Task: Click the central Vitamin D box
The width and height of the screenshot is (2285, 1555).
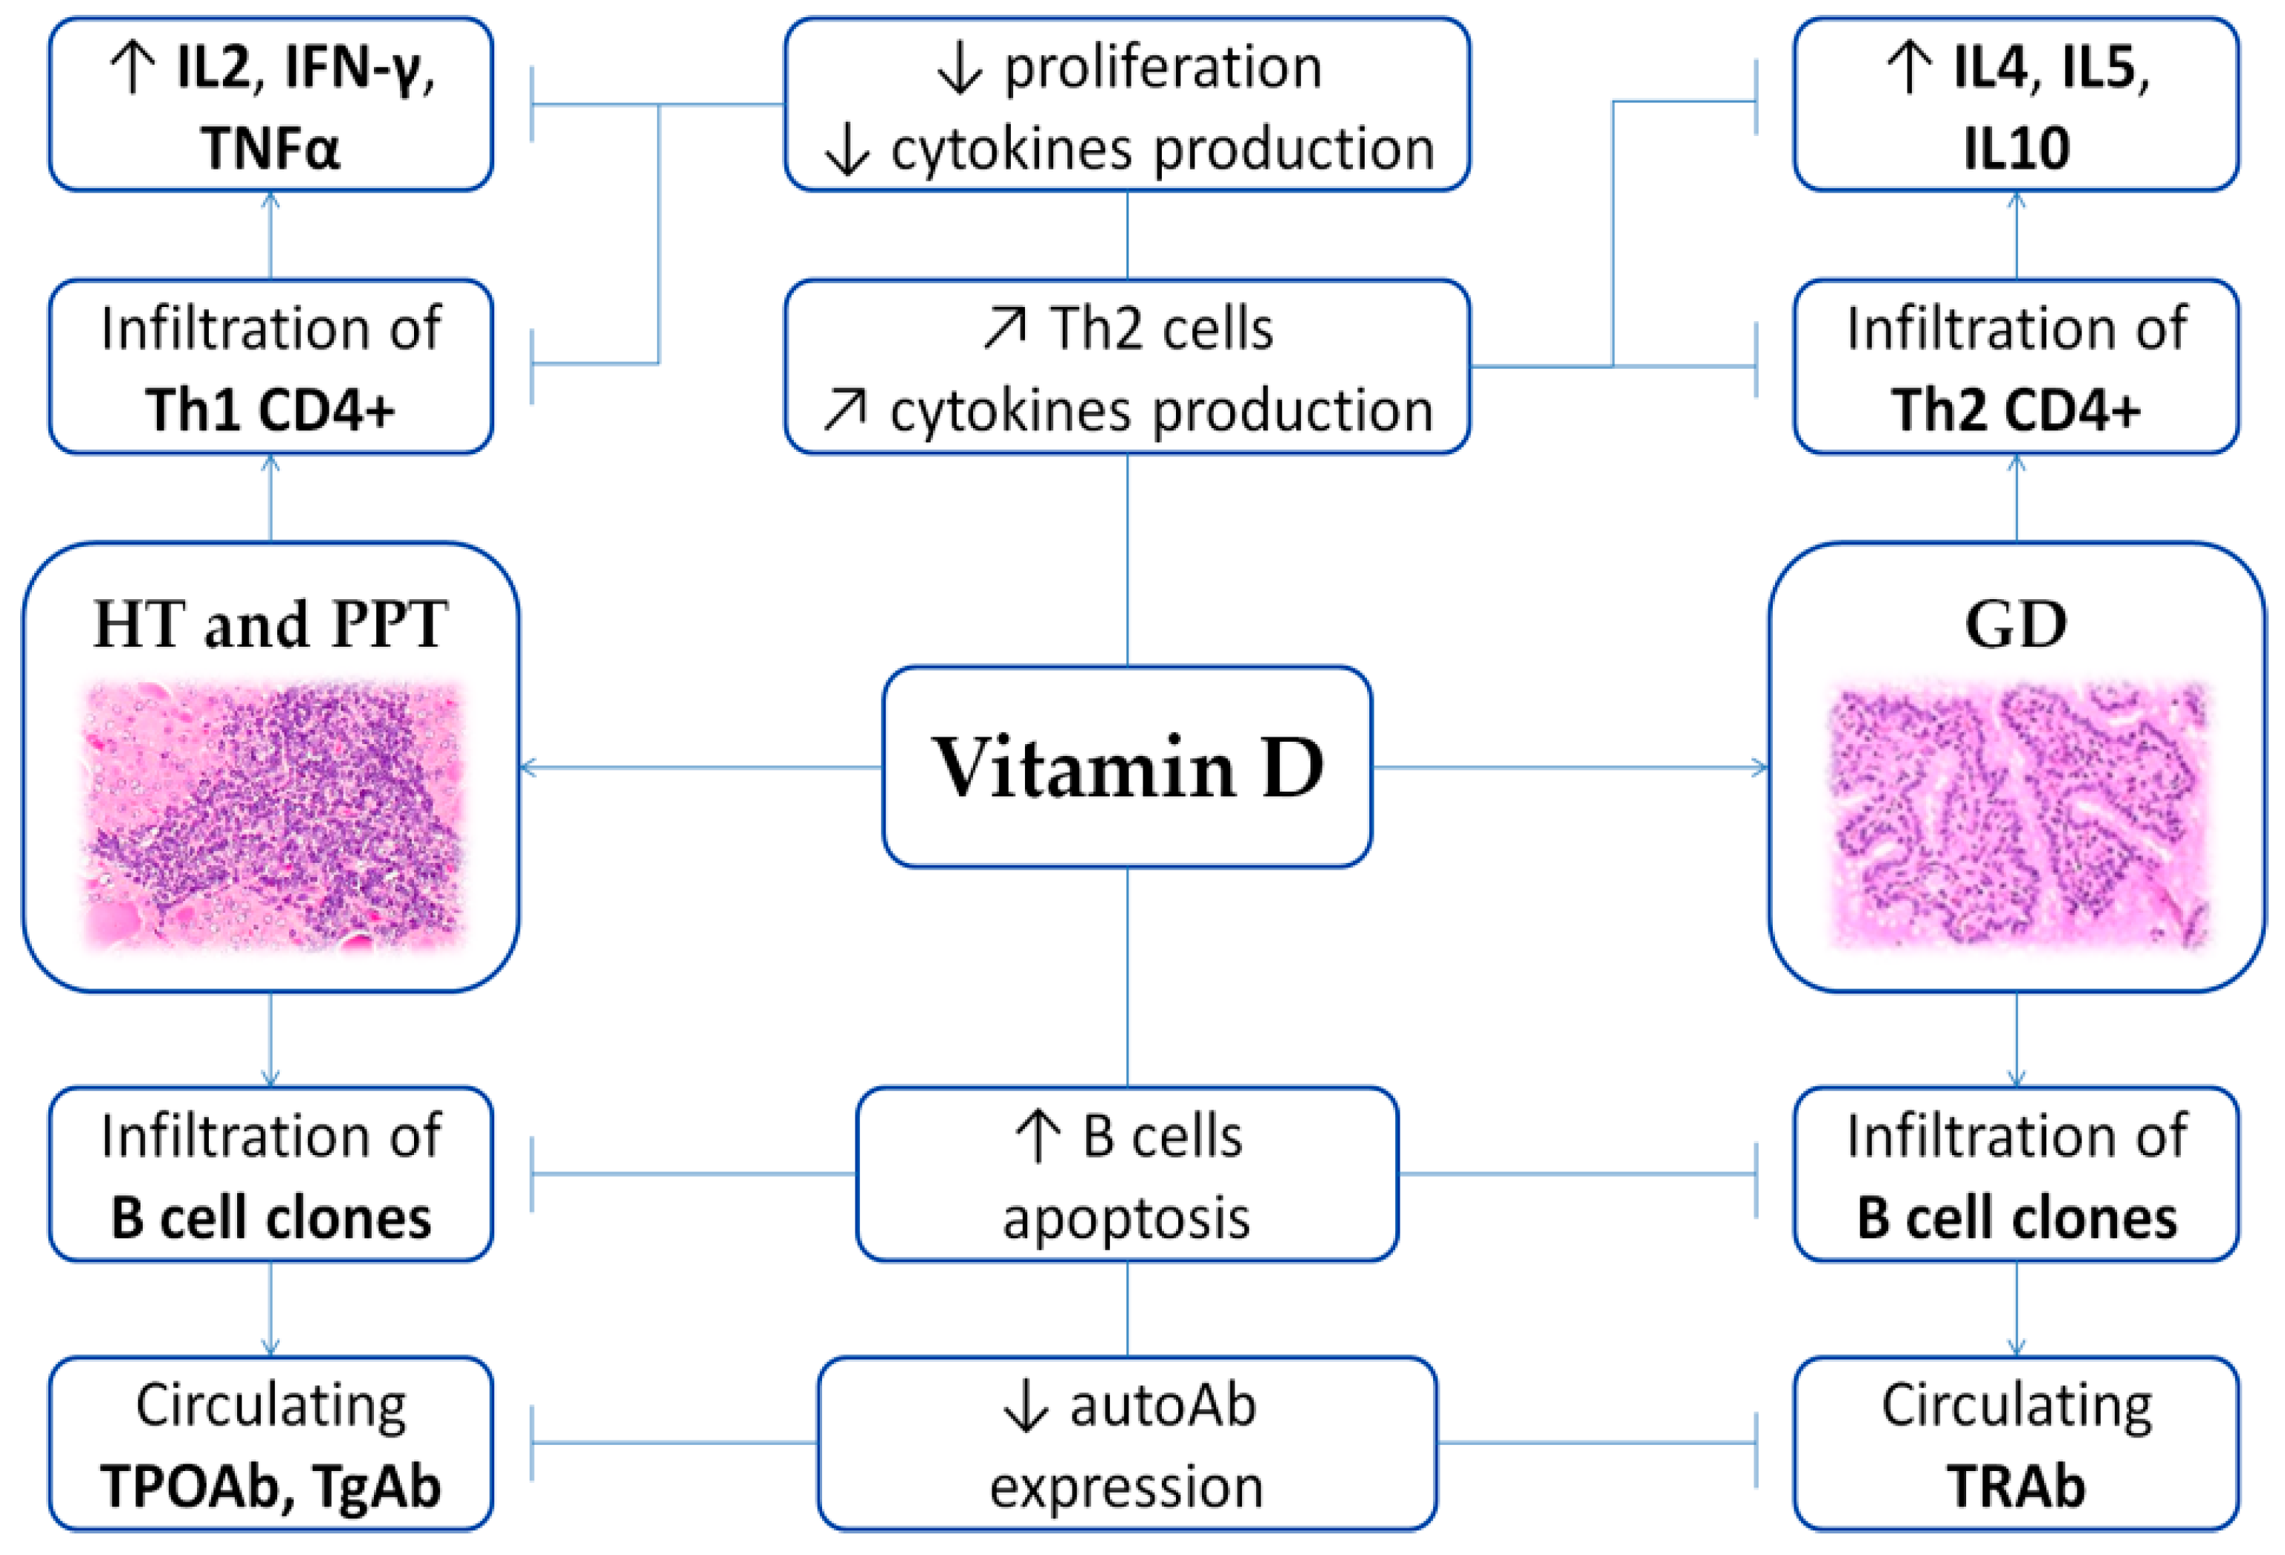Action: coord(1127,766)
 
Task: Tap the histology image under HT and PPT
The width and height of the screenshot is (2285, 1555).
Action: coord(272,816)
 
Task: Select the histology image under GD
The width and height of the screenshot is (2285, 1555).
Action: coord(2016,816)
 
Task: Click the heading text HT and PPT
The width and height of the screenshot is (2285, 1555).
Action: coord(271,624)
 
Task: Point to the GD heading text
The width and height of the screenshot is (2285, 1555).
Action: coord(2016,624)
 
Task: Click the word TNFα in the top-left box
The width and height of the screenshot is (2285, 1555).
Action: coord(271,149)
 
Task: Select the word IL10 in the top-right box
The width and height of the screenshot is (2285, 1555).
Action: coord(2016,149)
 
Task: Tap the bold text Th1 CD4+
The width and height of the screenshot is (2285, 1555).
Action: coord(271,410)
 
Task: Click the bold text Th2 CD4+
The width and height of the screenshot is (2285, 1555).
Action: coord(2016,410)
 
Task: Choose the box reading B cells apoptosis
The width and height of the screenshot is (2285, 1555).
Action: coord(1127,1174)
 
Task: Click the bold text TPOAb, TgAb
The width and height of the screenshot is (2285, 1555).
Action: coord(271,1485)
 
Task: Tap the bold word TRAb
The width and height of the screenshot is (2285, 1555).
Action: coord(2016,1485)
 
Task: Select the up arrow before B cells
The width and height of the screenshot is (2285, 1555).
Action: coord(1037,1137)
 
